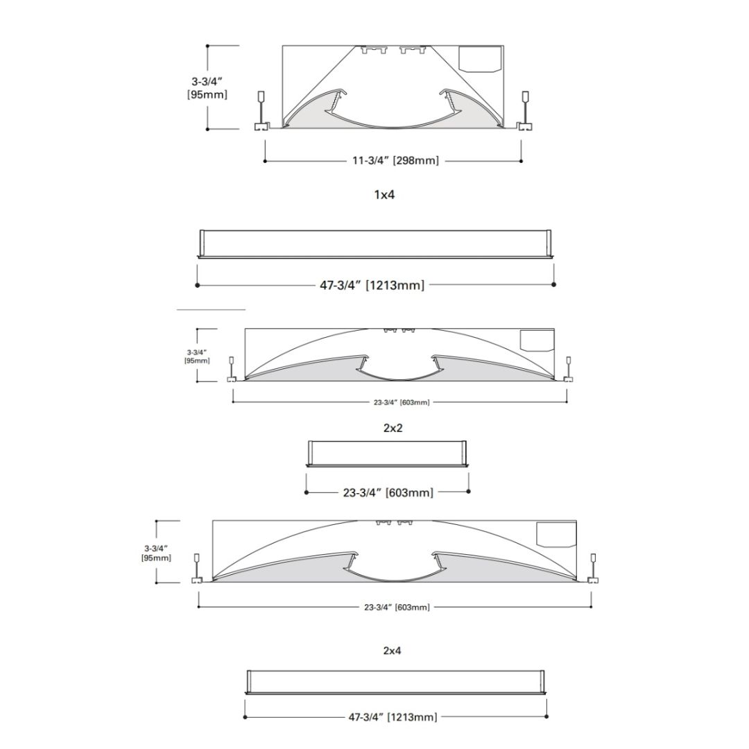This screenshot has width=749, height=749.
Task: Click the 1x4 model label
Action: tap(384, 195)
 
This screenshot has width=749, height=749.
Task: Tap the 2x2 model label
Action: tap(393, 428)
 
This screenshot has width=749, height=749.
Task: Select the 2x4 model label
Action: tap(393, 651)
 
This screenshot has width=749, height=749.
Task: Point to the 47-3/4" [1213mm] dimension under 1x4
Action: tap(372, 285)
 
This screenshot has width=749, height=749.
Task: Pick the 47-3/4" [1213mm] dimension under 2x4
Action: tap(393, 717)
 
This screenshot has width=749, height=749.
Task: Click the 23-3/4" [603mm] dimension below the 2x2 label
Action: tap(388, 492)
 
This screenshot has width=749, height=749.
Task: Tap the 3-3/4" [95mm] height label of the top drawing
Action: tap(207, 87)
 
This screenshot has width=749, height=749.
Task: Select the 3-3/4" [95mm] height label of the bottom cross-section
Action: tap(156, 552)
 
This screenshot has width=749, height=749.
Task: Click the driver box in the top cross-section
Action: tap(481, 58)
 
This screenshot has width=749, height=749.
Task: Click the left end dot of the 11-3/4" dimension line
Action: tap(265, 161)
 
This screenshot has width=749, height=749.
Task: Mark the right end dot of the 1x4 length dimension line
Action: tap(553, 284)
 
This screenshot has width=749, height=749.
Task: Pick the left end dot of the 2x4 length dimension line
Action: tap(245, 716)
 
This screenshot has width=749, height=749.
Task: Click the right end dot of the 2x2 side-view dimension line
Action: tap(469, 492)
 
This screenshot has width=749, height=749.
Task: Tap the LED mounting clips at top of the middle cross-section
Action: tap(399, 331)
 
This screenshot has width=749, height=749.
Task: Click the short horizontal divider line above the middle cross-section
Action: tap(211, 309)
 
